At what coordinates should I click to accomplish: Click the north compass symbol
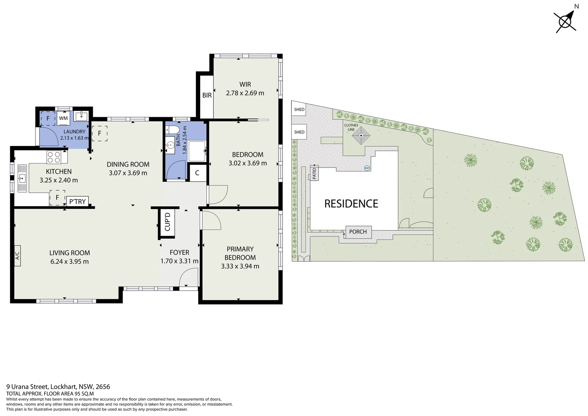click(x=565, y=22)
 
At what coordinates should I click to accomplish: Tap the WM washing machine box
click(x=63, y=118)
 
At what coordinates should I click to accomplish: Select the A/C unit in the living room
click(x=17, y=256)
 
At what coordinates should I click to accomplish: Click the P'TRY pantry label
click(x=77, y=201)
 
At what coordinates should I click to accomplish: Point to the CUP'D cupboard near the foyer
click(x=167, y=222)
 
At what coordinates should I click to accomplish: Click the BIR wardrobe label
click(x=207, y=95)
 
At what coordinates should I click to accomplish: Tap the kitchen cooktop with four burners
click(x=54, y=157)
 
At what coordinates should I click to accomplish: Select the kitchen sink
click(x=22, y=178)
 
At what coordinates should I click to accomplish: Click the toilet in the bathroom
click(x=172, y=129)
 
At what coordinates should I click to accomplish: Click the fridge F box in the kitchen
click(x=57, y=198)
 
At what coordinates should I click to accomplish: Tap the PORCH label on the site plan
click(x=358, y=232)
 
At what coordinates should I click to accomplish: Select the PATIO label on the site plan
click(x=314, y=173)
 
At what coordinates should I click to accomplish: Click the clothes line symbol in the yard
click(x=361, y=136)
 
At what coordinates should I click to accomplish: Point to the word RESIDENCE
click(x=351, y=204)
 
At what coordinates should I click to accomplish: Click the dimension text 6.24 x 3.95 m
click(x=70, y=262)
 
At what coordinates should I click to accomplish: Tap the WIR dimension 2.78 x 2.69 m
click(x=245, y=93)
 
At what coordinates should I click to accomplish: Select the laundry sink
click(x=81, y=116)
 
